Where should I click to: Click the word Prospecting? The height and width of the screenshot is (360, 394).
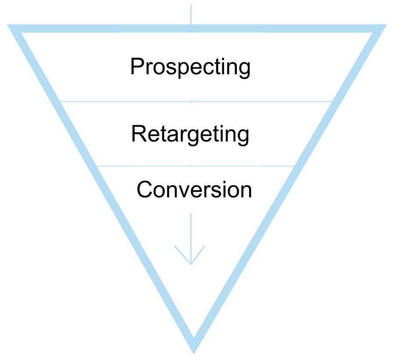pyautogui.click(x=190, y=68)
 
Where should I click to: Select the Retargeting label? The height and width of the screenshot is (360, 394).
pyautogui.click(x=190, y=134)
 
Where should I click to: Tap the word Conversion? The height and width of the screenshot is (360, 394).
pyautogui.click(x=194, y=189)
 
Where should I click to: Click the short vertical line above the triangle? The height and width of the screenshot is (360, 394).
pyautogui.click(x=190, y=13)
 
